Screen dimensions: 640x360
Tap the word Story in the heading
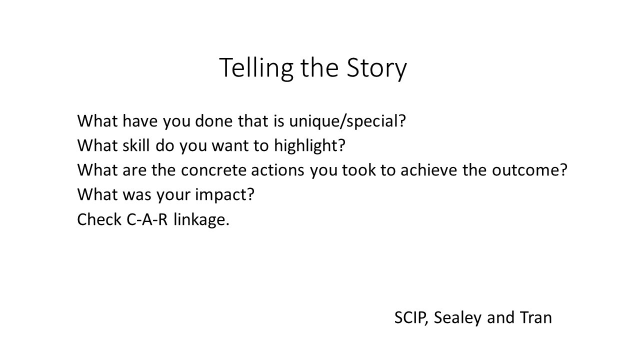[x=376, y=68]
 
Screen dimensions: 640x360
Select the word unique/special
[x=347, y=121]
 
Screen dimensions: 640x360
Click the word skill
[x=136, y=145]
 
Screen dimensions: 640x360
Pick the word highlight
[x=309, y=145]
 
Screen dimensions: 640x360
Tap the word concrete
[x=213, y=170]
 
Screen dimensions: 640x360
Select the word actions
[x=277, y=170]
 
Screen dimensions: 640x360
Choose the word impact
[x=224, y=195]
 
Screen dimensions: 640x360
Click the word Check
[x=99, y=219]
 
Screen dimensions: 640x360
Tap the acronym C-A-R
[x=147, y=219]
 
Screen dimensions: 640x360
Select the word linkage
[x=201, y=220]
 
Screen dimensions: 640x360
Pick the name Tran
[x=535, y=317]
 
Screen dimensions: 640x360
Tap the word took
[x=358, y=169]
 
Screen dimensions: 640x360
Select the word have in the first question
[x=140, y=121]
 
